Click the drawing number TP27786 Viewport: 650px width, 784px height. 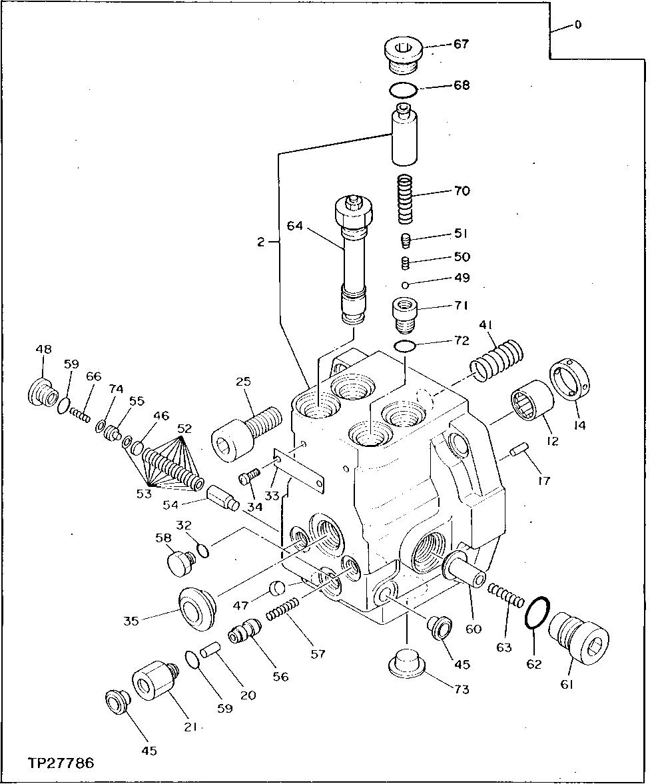pyautogui.click(x=61, y=762)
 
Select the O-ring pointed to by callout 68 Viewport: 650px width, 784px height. pyautogui.click(x=403, y=89)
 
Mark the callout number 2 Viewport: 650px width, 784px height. pyautogui.click(x=260, y=243)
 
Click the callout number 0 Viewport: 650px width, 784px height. pyautogui.click(x=577, y=25)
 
